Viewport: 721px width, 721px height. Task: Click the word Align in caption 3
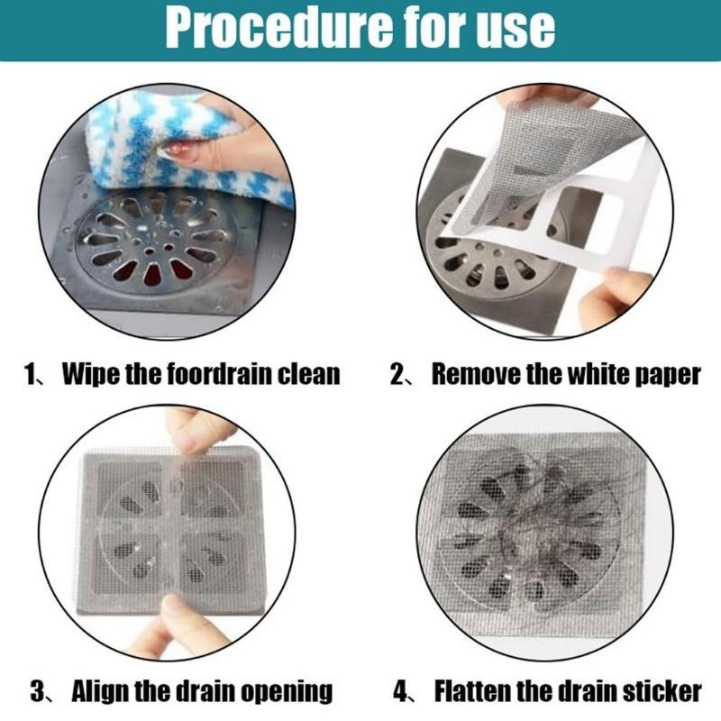102,692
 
